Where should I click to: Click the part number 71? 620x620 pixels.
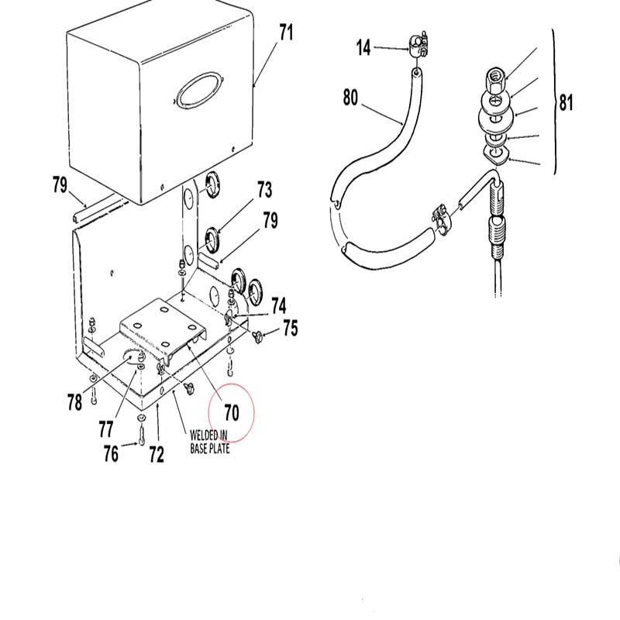point(286,33)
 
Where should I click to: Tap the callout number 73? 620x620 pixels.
point(264,190)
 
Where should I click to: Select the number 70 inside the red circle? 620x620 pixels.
point(232,412)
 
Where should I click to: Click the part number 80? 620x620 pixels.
point(350,98)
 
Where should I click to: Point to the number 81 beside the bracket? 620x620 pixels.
point(566,102)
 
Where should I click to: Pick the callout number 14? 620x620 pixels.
point(363,48)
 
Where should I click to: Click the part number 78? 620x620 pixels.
point(74,402)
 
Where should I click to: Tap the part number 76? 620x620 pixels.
point(111,453)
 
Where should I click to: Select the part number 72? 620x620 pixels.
point(157,454)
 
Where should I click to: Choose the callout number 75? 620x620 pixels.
point(290,328)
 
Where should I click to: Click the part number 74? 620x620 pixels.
point(278,306)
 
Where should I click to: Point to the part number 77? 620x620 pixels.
point(105,429)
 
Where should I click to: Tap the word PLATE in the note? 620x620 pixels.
point(219,449)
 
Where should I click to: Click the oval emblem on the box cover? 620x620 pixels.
point(198,89)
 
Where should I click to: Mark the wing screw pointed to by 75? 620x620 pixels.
point(257,337)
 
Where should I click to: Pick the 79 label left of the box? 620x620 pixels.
point(60,185)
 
